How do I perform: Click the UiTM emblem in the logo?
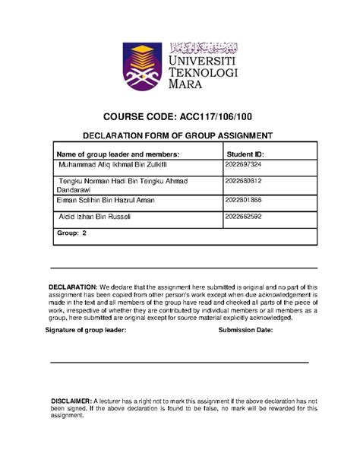point(146,64)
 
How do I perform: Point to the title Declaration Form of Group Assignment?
point(181,135)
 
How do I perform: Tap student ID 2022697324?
point(243,165)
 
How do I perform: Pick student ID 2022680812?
point(243,181)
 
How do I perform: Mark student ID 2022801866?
point(243,200)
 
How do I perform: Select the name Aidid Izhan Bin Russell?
point(94,217)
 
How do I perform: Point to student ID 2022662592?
point(243,217)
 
